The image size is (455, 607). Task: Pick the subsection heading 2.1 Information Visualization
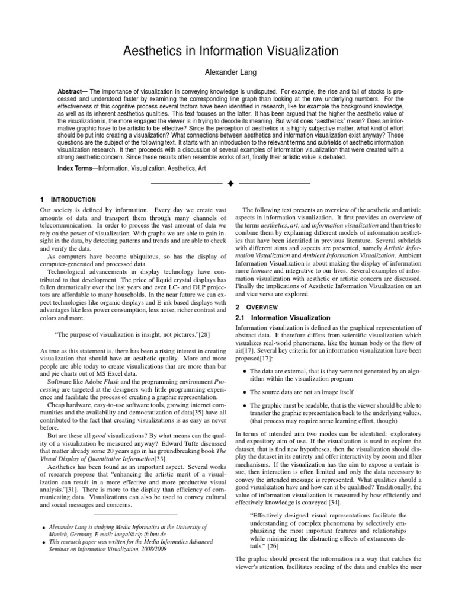click(283, 318)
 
